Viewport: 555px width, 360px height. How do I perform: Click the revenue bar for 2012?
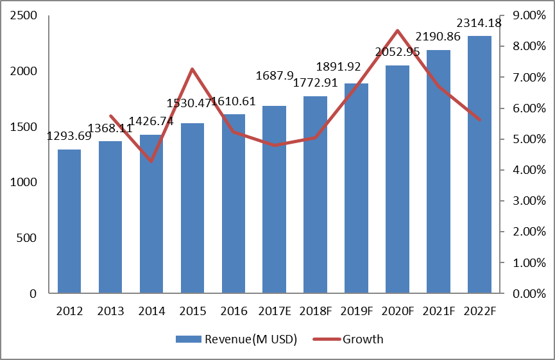[x=69, y=221]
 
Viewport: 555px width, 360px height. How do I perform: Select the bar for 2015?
[x=192, y=209]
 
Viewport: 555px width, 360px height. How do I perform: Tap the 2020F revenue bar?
[x=398, y=180]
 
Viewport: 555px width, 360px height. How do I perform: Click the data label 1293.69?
[x=69, y=136]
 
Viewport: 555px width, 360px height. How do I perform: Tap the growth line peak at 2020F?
[x=398, y=31]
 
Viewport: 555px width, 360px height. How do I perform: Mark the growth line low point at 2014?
[x=151, y=161]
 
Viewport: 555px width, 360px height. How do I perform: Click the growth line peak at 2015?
[x=192, y=69]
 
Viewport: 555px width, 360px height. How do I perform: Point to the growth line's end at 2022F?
[x=479, y=120]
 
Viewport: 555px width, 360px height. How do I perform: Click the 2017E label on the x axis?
[x=275, y=311]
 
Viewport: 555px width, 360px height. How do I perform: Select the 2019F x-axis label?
[x=357, y=311]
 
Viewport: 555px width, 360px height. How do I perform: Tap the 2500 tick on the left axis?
[x=24, y=15]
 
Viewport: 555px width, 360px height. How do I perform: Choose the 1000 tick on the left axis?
[x=24, y=183]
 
